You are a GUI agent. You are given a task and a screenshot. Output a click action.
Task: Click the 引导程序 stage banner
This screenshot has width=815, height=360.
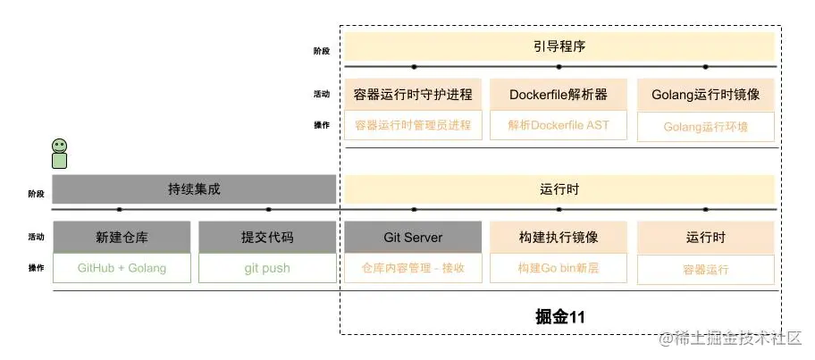(559, 46)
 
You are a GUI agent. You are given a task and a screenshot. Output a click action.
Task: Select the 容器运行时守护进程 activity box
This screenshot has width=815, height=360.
(413, 95)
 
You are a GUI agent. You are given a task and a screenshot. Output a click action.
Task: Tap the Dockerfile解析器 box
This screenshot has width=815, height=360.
(559, 95)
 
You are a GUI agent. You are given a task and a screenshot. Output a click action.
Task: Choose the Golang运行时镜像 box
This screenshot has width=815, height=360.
(705, 95)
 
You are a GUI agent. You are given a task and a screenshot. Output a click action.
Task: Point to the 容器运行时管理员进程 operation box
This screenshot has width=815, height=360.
(413, 126)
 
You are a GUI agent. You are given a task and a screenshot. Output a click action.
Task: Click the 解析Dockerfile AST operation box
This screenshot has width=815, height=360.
(559, 126)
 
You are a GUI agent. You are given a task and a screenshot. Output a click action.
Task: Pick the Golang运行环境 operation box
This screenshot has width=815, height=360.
(705, 127)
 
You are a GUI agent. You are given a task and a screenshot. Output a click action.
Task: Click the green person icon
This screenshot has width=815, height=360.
(59, 154)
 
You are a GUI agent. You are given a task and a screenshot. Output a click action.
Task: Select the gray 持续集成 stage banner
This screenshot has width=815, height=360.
(194, 189)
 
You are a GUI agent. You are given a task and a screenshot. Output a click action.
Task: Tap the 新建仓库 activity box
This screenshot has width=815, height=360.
(122, 238)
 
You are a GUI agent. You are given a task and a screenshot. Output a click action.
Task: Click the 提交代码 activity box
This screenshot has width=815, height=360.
(267, 238)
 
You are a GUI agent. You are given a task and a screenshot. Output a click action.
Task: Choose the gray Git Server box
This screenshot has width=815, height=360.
(413, 238)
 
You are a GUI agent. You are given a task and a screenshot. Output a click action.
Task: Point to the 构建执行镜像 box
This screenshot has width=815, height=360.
(559, 238)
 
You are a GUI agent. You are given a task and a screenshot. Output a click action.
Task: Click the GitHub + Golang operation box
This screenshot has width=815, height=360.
(122, 268)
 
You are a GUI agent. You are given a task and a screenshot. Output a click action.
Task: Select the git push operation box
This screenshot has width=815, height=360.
(267, 268)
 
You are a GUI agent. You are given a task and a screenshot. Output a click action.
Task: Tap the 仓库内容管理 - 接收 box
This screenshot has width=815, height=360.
(413, 268)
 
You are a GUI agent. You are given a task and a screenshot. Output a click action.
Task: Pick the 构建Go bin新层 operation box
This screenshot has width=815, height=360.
(559, 268)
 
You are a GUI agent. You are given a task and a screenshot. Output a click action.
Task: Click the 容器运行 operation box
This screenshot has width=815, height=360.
(705, 269)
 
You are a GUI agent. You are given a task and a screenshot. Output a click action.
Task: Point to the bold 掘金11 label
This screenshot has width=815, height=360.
(559, 315)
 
